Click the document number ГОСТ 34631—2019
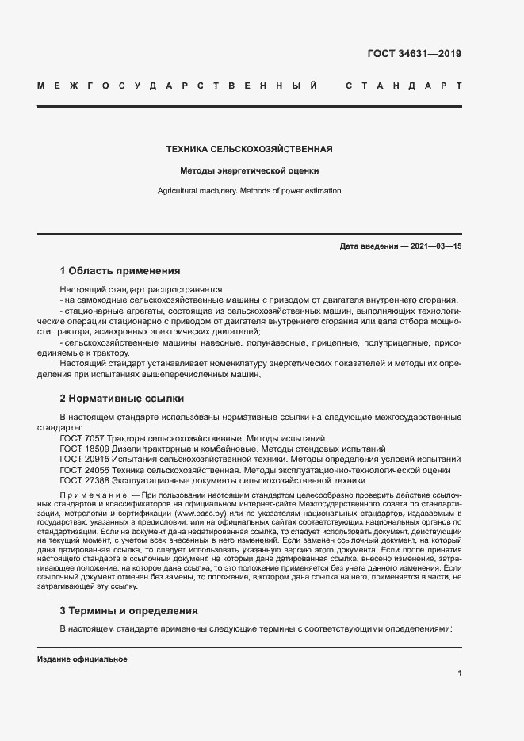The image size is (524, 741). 415,54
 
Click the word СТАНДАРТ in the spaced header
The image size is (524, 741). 404,85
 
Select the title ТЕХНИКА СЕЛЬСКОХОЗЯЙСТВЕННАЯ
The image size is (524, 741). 249,148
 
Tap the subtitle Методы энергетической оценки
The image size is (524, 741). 249,170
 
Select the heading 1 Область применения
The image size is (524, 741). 120,271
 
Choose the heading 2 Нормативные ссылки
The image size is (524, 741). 122,398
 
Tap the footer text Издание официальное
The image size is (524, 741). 82,659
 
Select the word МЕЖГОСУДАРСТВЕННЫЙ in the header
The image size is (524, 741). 178,85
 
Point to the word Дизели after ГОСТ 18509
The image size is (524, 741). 127,449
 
